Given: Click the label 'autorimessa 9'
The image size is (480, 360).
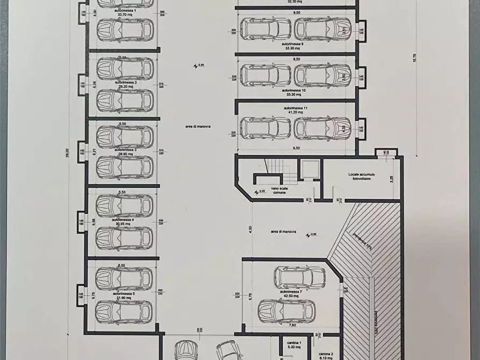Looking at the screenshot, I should click(295, 44).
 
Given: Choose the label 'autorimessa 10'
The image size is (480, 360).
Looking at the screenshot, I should click(295, 90).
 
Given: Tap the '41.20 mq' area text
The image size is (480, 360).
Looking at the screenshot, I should click(295, 112).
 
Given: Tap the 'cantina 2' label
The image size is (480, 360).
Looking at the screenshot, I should click(327, 354).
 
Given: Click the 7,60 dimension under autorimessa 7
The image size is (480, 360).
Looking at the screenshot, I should click(291, 325).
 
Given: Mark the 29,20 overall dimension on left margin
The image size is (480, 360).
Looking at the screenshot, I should click(68, 153).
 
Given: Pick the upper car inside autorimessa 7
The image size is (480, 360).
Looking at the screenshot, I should click(299, 277).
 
